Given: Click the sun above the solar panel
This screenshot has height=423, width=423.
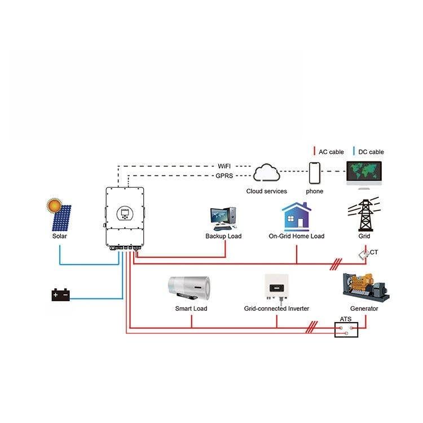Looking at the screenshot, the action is pos(54,205).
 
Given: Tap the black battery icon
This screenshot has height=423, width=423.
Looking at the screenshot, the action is pos(61,295).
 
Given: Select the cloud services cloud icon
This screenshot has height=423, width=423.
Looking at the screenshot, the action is pos(267,173).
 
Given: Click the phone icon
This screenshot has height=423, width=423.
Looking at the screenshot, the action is pos(315,173).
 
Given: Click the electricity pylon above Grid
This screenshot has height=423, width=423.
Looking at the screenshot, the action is pos(364,214).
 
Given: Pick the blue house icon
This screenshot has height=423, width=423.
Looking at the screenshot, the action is pos(297,217).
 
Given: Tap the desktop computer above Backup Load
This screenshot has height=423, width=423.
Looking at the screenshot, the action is pos(223,218).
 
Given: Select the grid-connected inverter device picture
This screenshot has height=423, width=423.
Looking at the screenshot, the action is pos(276,288).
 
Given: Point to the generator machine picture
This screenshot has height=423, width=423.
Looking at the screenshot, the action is pos(366,288).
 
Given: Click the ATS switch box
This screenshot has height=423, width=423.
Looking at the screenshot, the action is pos(346,330).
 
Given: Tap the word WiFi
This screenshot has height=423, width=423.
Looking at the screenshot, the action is pos(224,166).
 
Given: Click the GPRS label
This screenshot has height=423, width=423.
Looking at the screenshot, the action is pos(224,176).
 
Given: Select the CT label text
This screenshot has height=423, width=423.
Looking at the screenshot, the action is pos(373,252).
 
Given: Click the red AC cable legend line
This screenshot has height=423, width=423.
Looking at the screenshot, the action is pos(314,151).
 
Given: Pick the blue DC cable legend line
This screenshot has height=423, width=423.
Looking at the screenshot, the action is pos(354,151).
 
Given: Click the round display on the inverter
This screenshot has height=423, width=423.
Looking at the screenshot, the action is pos(125,214).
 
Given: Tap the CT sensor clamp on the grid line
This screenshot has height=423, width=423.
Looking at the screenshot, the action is pos(364,254).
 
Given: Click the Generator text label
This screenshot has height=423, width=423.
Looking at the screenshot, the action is pos(364,309).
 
